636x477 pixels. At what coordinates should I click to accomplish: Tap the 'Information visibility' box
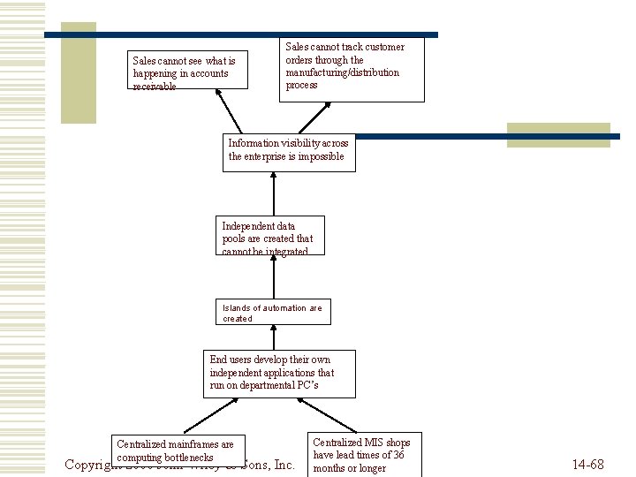click(x=289, y=151)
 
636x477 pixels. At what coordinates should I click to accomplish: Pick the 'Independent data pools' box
click(x=270, y=236)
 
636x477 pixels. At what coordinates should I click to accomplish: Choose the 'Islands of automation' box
click(x=274, y=313)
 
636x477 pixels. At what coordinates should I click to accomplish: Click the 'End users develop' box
click(x=279, y=374)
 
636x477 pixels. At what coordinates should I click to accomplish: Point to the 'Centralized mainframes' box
click(x=179, y=450)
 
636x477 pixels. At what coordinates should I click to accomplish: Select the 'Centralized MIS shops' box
click(x=362, y=454)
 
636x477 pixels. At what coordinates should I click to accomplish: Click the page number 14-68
click(x=587, y=465)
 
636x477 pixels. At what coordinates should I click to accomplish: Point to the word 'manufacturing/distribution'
click(x=343, y=72)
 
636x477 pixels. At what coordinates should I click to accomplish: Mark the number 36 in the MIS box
click(x=398, y=455)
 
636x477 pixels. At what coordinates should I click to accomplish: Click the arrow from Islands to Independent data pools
click(x=274, y=277)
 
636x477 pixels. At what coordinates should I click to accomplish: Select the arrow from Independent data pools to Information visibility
click(x=274, y=193)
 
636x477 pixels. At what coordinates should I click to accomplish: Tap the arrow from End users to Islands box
click(x=274, y=337)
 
